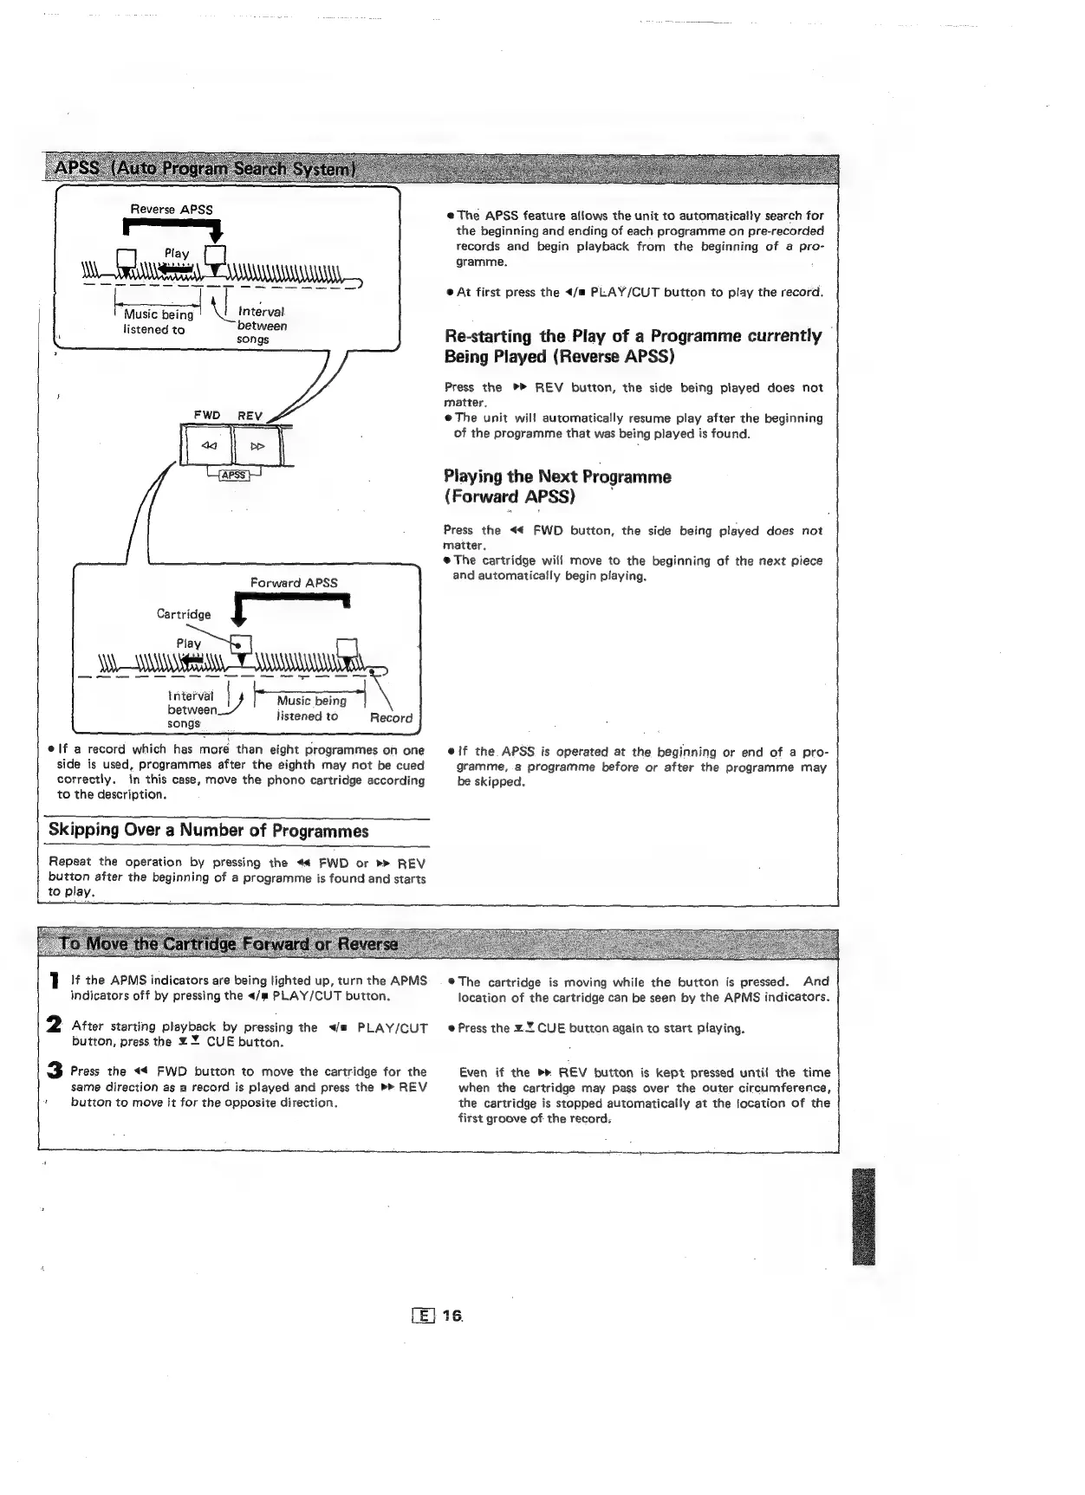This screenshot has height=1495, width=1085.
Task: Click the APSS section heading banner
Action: click(205, 167)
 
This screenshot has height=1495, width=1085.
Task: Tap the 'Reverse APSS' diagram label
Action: click(171, 210)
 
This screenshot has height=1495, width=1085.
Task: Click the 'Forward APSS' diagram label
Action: click(294, 583)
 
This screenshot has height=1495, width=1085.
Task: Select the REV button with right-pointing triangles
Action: click(257, 447)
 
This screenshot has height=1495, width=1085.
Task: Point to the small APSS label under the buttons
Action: click(234, 475)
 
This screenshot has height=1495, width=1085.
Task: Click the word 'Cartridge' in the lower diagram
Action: click(183, 614)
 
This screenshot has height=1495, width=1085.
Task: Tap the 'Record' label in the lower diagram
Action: click(391, 718)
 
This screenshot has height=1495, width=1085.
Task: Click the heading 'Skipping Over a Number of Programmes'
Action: click(208, 831)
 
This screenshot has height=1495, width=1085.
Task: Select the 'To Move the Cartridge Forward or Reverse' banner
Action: click(227, 943)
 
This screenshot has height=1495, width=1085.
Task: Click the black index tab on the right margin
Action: click(864, 1216)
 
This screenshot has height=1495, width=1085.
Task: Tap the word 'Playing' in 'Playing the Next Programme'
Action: click(472, 477)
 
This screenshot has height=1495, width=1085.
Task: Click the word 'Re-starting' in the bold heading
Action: click(488, 336)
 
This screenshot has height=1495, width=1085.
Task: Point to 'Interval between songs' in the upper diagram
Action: click(261, 326)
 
